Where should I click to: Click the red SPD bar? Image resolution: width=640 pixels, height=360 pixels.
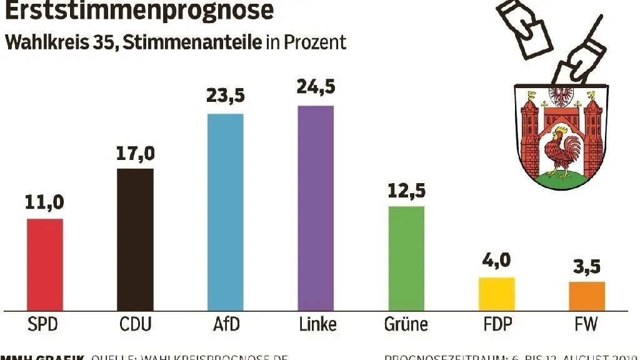pos(44,264)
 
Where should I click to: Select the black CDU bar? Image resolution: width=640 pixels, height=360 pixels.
pos(135,239)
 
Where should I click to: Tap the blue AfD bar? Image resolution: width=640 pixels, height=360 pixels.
pos(225,212)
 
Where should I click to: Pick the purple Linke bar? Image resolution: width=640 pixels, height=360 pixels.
pos(316,208)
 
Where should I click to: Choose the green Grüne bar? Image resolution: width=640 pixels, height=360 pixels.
pos(406,258)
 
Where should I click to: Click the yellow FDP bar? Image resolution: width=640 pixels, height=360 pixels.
pos(496,294)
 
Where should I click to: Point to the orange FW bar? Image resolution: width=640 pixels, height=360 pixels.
pos(587,296)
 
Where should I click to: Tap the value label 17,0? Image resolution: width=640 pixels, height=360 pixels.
pos(135,152)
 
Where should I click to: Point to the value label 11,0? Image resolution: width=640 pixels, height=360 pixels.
pos(44,202)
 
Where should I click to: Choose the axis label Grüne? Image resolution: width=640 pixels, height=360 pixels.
pos(406,325)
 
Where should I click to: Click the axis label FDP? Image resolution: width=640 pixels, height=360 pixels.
pos(496,325)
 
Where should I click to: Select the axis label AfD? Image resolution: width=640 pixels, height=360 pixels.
pos(225,325)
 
